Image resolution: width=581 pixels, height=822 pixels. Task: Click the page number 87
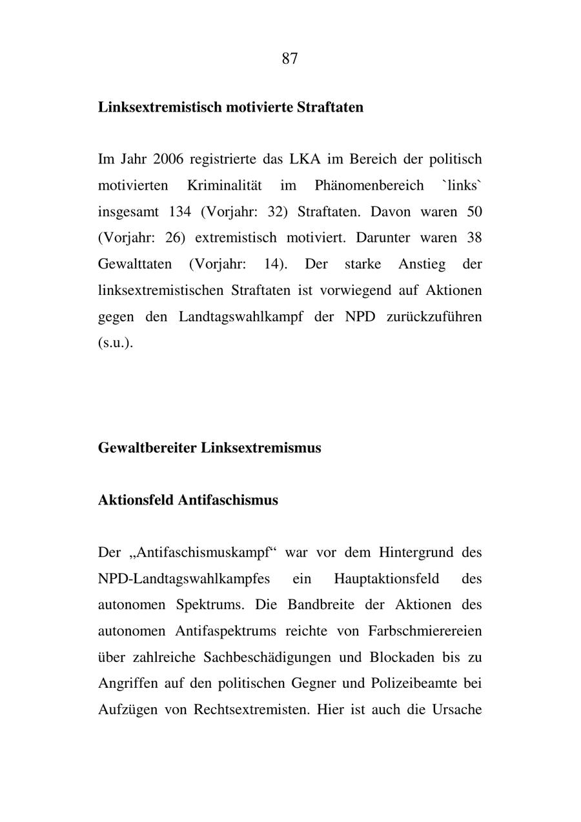point(290,59)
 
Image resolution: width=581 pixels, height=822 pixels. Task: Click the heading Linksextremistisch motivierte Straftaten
point(230,107)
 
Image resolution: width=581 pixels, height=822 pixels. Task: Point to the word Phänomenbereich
point(369,186)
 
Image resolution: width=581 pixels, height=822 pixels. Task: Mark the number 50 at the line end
point(474,212)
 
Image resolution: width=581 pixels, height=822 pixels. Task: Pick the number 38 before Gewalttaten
point(474,238)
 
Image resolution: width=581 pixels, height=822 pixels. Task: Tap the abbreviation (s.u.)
point(115,343)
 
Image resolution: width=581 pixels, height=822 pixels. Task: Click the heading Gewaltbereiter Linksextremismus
point(209,448)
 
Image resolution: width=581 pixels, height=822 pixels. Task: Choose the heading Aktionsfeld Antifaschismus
point(188,500)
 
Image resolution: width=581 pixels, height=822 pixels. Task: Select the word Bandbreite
point(318,605)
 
